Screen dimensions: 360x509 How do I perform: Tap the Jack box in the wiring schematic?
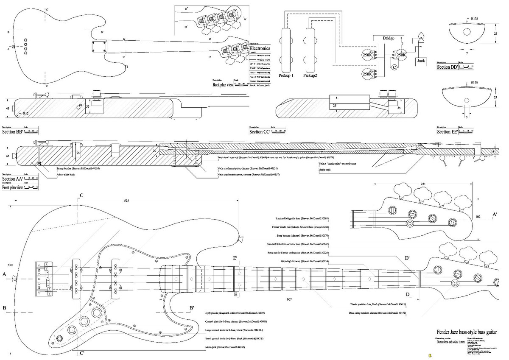(420, 61)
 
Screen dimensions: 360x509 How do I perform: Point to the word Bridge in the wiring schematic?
(389, 38)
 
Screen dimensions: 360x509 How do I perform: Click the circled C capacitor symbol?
(394, 67)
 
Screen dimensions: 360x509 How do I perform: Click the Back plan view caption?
(223, 85)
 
